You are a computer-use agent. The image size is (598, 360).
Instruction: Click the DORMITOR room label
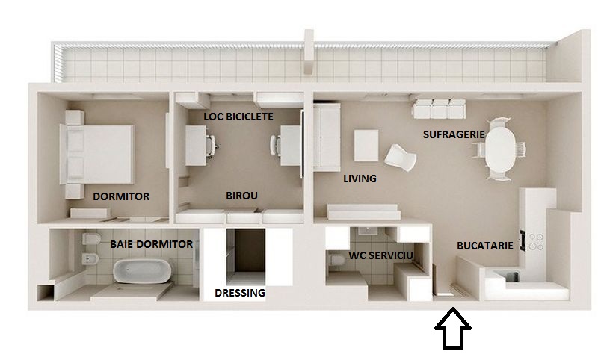tap(121, 196)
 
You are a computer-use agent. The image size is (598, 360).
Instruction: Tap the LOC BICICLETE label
tap(238, 117)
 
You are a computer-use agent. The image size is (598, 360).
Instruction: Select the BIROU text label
tap(241, 196)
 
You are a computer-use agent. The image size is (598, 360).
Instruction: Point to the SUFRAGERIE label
tap(454, 134)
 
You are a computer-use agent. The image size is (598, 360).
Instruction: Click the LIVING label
tap(360, 179)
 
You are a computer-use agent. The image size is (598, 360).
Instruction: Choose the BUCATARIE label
tap(485, 246)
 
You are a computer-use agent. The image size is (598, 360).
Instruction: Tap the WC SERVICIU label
tap(380, 255)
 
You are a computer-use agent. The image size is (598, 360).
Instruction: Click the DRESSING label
tap(240, 293)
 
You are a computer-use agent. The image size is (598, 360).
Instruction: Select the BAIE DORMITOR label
tap(152, 244)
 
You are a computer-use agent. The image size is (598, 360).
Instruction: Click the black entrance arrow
tap(453, 329)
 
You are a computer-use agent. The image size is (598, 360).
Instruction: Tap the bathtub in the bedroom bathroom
tap(142, 271)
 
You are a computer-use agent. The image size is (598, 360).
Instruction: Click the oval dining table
tap(500, 149)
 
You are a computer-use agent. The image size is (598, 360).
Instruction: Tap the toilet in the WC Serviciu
tap(336, 260)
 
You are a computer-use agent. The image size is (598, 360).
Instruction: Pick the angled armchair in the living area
tap(400, 158)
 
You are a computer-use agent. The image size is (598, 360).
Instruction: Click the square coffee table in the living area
tap(366, 146)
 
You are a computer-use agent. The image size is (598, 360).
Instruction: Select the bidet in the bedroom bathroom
tap(90, 259)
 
